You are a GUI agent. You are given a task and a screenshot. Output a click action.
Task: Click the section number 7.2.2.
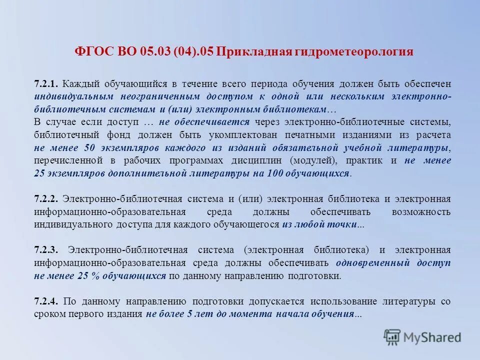47,198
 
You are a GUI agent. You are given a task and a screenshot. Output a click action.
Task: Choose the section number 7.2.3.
47,249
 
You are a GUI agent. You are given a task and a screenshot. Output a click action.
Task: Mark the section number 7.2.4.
47,301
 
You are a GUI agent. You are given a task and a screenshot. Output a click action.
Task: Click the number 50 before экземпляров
89,147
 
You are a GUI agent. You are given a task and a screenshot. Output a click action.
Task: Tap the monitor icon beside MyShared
392,336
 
